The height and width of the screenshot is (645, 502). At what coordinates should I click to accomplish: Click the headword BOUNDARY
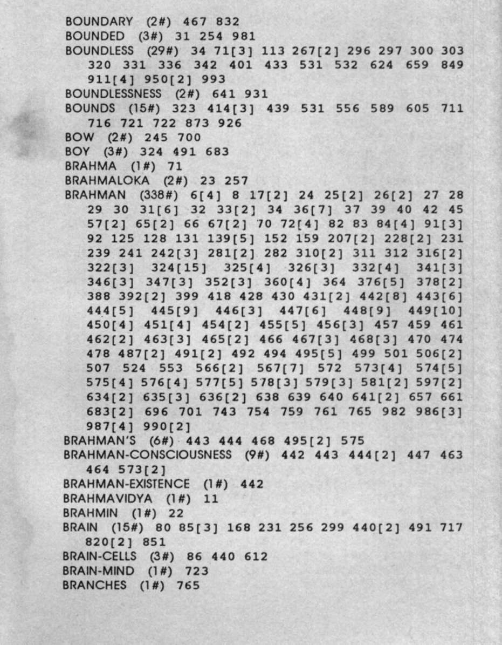99,22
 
